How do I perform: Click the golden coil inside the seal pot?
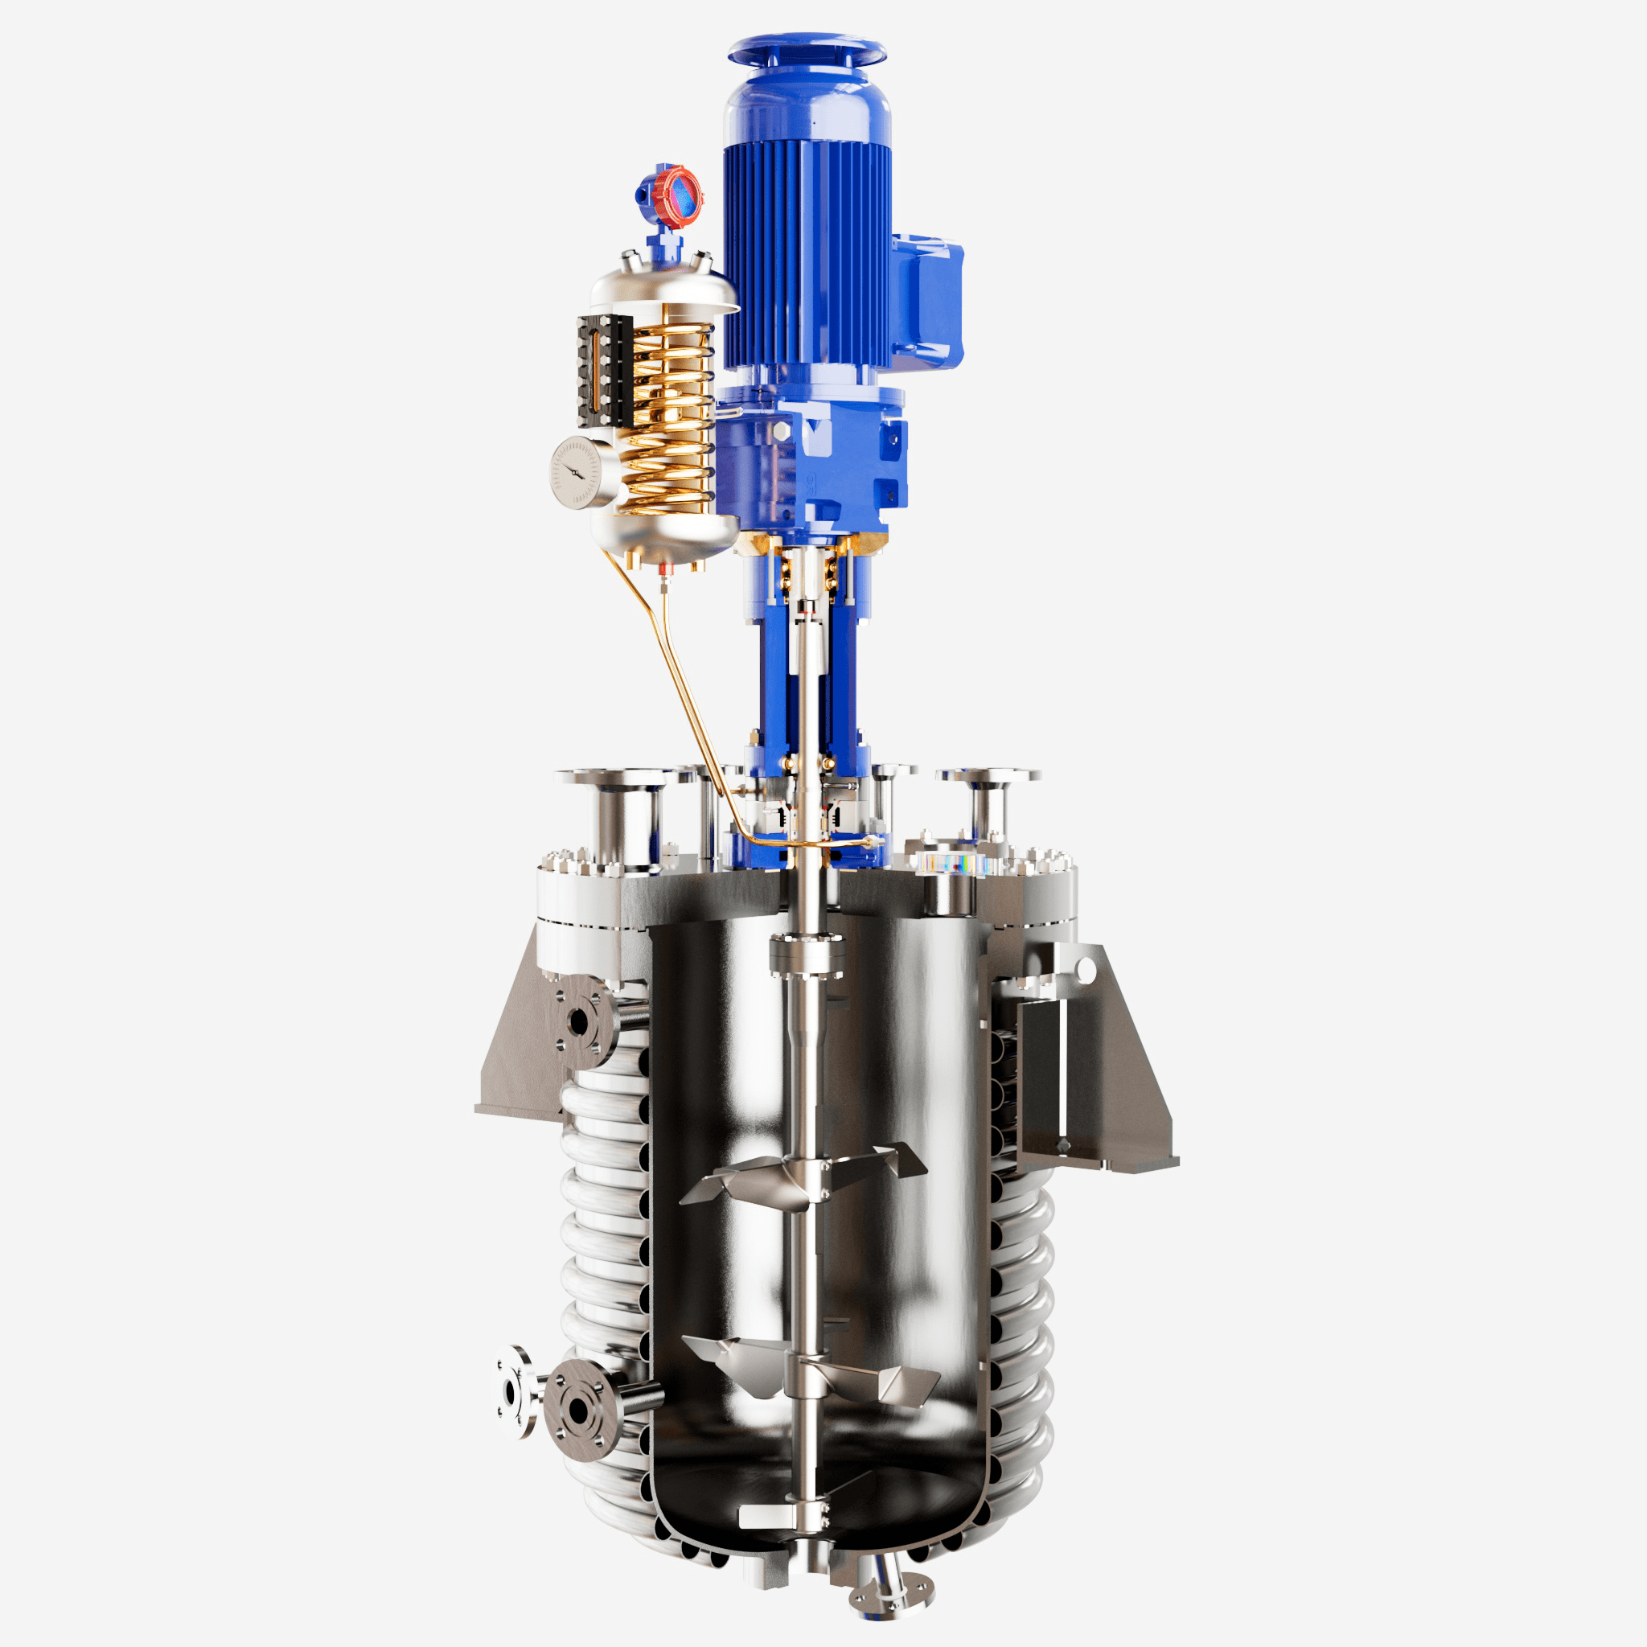point(673,417)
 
